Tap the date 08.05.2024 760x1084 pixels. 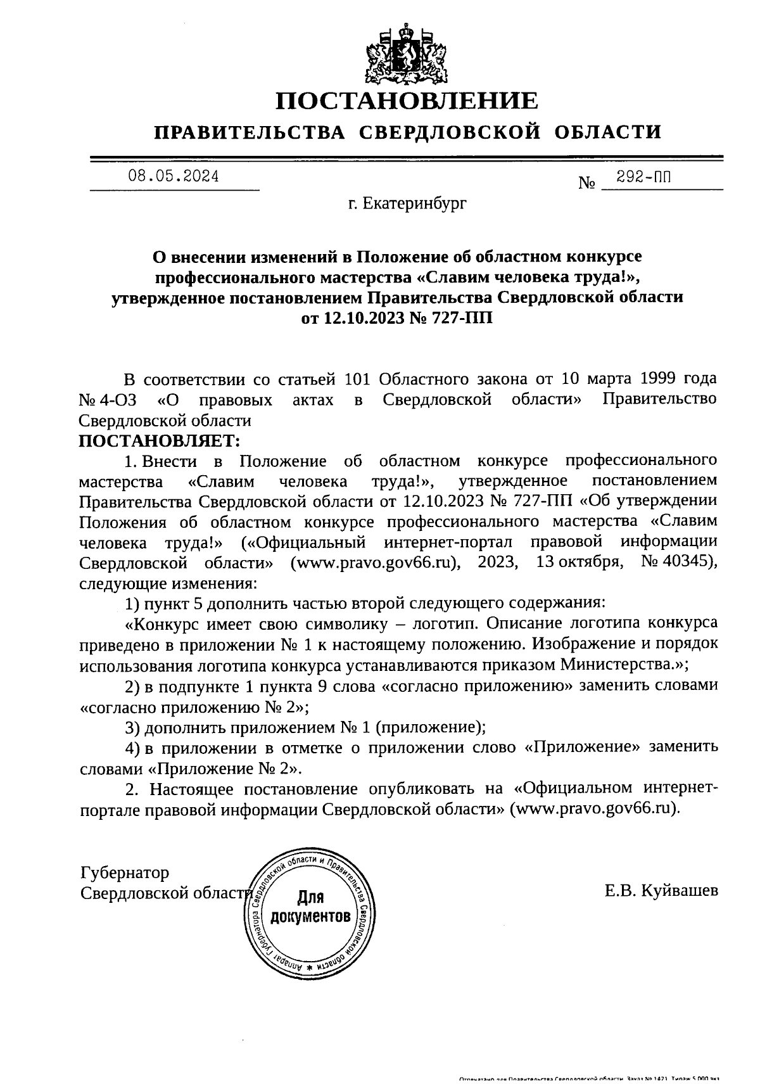coord(174,177)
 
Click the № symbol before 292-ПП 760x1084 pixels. coord(587,184)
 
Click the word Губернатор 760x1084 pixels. coord(125,873)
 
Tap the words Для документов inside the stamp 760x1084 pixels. coord(310,907)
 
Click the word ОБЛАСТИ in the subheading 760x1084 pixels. coord(608,132)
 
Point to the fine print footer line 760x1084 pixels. coord(589,1078)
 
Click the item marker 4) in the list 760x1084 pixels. coord(132,748)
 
